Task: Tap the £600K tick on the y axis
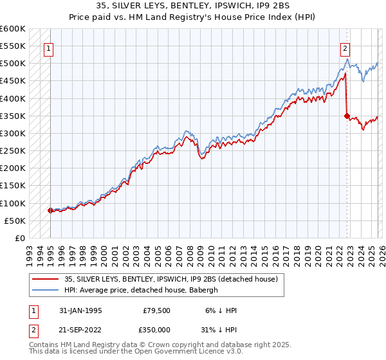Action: tap(13, 29)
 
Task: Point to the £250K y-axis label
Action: tap(13, 151)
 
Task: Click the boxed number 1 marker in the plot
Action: tap(50, 47)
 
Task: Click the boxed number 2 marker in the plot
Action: tap(345, 47)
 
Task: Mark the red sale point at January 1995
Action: tap(50, 210)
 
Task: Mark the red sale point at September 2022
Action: tap(347, 116)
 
